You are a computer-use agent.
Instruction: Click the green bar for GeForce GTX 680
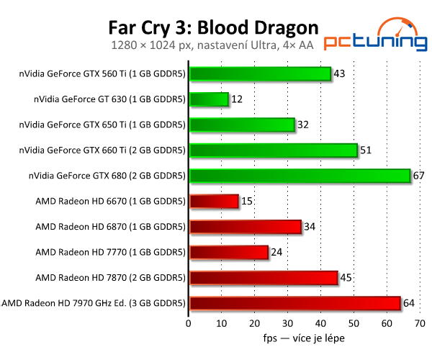click(x=299, y=176)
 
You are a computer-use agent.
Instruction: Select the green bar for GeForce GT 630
click(x=208, y=99)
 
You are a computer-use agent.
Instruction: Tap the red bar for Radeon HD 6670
click(x=213, y=201)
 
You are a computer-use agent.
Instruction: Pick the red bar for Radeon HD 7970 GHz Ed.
click(x=294, y=303)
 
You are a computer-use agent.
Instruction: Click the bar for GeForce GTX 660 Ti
click(x=273, y=150)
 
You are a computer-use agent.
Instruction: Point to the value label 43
click(x=340, y=73)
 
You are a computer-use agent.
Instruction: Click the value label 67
click(x=420, y=176)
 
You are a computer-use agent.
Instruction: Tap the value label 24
click(x=278, y=252)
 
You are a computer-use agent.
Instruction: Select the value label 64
click(x=410, y=303)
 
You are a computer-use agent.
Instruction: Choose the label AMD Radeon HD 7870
click(x=110, y=277)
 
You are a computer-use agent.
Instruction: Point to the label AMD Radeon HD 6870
click(x=110, y=227)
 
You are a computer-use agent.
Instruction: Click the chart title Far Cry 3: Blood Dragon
click(x=213, y=27)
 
